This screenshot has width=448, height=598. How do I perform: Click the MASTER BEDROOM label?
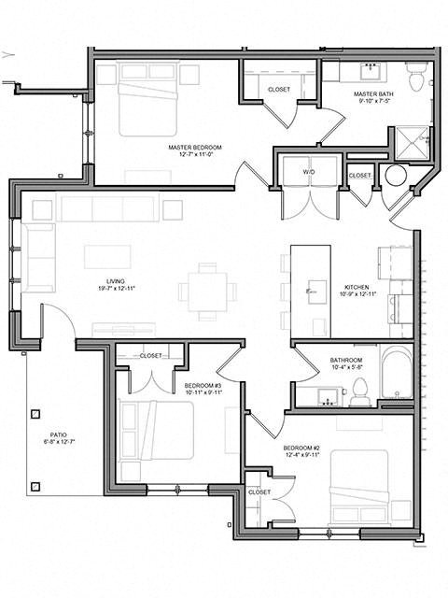click(x=195, y=148)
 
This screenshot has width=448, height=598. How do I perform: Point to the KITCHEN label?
click(x=357, y=287)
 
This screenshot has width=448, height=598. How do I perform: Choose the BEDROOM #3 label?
click(x=202, y=385)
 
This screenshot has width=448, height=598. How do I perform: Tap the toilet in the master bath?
click(x=416, y=78)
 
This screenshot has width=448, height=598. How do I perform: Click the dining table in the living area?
click(x=206, y=289)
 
